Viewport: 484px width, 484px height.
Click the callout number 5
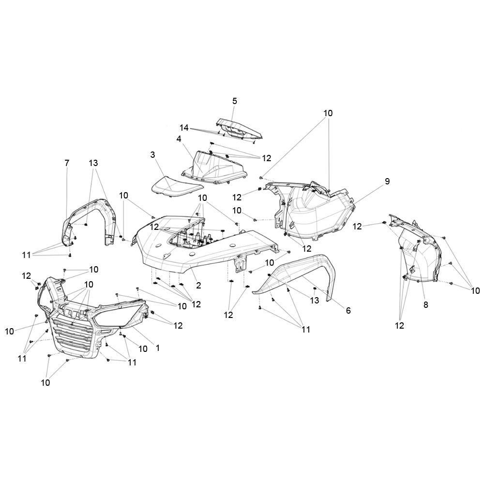coord(235,101)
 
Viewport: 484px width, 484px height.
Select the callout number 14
coord(184,127)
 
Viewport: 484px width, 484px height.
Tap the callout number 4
coord(179,139)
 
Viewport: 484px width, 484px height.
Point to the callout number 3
coord(152,155)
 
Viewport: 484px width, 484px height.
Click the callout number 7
coord(67,163)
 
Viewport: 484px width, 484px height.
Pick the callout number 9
coord(387,181)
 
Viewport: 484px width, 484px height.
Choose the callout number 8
coord(425,305)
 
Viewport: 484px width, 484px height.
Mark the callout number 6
coord(348,311)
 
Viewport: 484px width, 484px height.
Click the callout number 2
coord(198,285)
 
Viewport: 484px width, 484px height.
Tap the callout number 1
coord(158,348)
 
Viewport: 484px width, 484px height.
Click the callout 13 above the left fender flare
coord(93,163)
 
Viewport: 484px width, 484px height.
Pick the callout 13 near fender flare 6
coord(314,300)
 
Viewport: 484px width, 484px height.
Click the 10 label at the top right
coord(328,113)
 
